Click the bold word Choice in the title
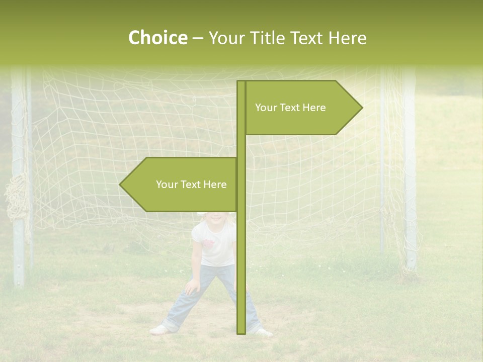point(157,38)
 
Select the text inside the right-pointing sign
point(290,108)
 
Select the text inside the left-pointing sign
point(191,185)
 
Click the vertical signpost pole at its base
point(241,329)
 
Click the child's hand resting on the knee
point(192,288)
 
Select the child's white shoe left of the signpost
point(159,330)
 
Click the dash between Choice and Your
point(198,38)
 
